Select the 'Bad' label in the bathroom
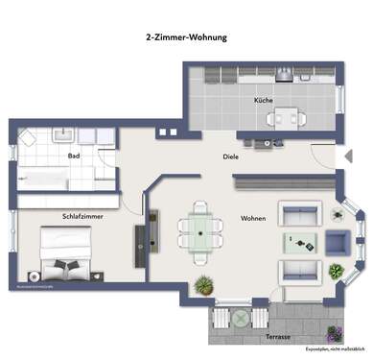pos(73,155)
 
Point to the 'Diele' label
pos(230,156)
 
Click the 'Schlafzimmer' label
pos(82,216)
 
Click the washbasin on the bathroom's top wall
pos(28,134)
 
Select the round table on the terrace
pos(235,320)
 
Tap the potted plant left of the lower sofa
pos(203,284)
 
